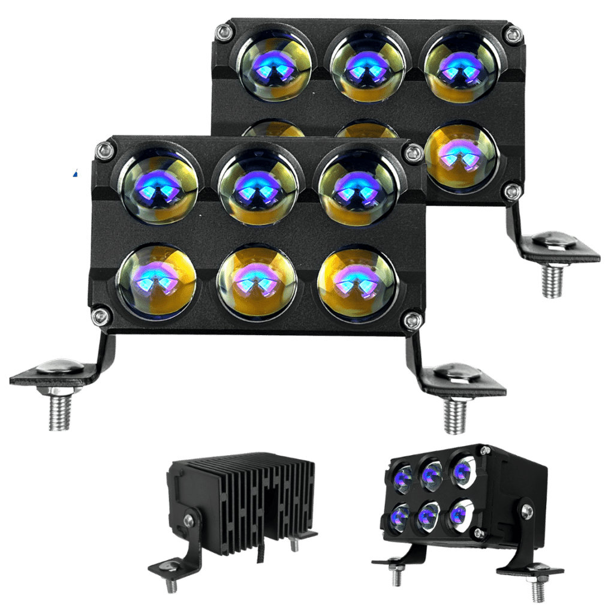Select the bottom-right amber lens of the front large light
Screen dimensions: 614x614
point(357,281)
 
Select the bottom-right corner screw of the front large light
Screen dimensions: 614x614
point(413,321)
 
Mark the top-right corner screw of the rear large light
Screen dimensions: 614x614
point(513,34)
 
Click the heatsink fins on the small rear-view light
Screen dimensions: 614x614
point(252,498)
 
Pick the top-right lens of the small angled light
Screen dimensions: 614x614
point(463,471)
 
